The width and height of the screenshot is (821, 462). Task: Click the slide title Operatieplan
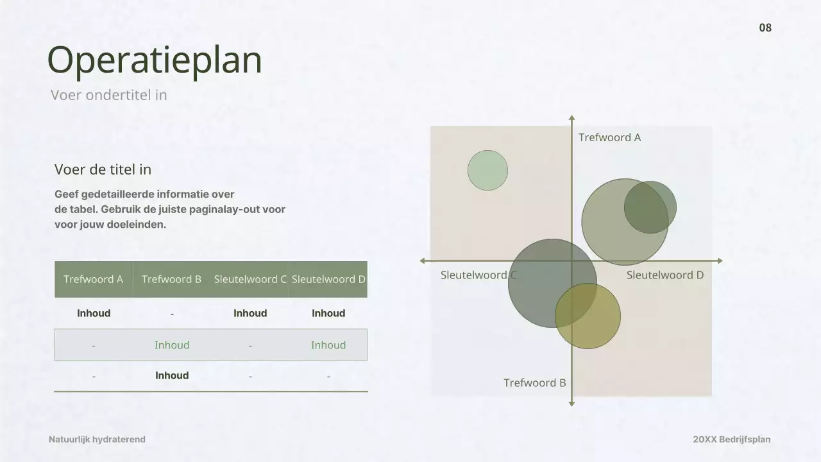pyautogui.click(x=155, y=61)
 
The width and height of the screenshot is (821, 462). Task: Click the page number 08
pyautogui.click(x=765, y=28)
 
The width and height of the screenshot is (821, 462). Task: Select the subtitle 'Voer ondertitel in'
pyautogui.click(x=109, y=95)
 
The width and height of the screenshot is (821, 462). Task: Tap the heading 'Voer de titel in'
pyautogui.click(x=103, y=169)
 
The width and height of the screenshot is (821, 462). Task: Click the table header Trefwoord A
pyautogui.click(x=93, y=279)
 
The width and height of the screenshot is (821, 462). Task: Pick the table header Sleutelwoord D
pyautogui.click(x=328, y=279)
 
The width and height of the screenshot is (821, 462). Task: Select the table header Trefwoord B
pyautogui.click(x=171, y=279)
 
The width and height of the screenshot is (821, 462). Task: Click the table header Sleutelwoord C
pyautogui.click(x=250, y=279)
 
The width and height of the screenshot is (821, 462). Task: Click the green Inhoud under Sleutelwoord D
pyautogui.click(x=328, y=345)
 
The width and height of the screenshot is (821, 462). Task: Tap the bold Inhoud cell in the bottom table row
pyautogui.click(x=172, y=376)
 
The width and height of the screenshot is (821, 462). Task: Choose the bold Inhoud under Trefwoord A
pyautogui.click(x=94, y=313)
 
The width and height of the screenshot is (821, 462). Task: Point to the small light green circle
pyautogui.click(x=487, y=170)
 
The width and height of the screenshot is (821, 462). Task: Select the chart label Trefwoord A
pyautogui.click(x=609, y=137)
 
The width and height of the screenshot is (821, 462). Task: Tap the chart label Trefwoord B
pyautogui.click(x=534, y=383)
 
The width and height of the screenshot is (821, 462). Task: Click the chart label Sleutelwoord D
pyautogui.click(x=664, y=275)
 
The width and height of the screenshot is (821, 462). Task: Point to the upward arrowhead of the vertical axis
pyautogui.click(x=571, y=119)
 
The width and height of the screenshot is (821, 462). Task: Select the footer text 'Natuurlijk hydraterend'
pyautogui.click(x=97, y=440)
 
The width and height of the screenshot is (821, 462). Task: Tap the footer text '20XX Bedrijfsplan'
pyautogui.click(x=731, y=440)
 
